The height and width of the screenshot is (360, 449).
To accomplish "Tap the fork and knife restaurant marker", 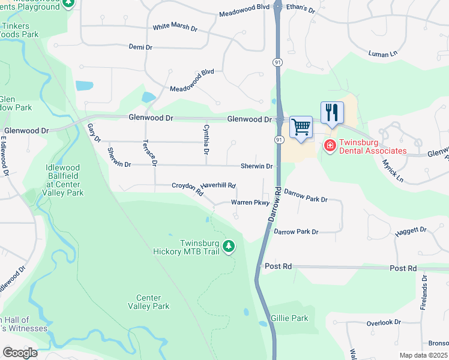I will tap(332, 113).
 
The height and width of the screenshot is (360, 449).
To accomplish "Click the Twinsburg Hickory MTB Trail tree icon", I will tap(228, 245).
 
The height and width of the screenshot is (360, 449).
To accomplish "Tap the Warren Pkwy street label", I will tap(250, 203).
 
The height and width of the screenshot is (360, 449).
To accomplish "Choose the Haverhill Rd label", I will tap(218, 185).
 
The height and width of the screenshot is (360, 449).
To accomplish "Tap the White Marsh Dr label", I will tap(175, 27).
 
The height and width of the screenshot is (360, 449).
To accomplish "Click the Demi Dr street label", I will tap(142, 46).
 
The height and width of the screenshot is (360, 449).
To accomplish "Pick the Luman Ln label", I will tap(383, 54).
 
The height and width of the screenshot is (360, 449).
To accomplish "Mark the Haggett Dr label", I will tap(411, 230).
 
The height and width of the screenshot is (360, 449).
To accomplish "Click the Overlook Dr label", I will tap(384, 322).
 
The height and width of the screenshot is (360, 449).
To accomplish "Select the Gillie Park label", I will tap(289, 318).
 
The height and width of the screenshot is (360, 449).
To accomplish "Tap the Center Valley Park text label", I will tap(148, 302).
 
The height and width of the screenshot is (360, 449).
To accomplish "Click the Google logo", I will tap(20, 353).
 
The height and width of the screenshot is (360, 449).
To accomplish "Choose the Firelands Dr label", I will tap(424, 292).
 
